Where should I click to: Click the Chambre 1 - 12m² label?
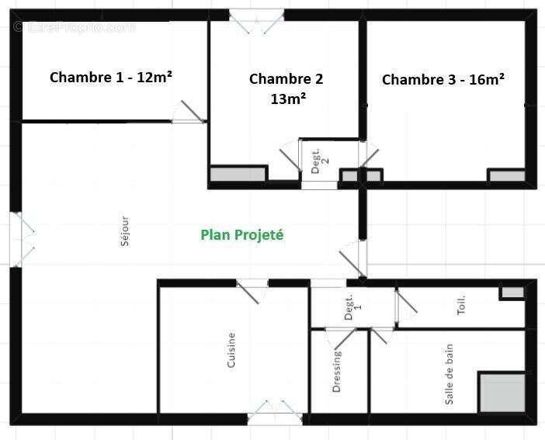(111, 77)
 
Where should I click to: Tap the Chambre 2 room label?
(286, 78)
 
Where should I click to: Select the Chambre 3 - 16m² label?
(443, 79)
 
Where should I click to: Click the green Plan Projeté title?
(242, 234)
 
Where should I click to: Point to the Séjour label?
(125, 230)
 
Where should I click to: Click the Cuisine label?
(231, 350)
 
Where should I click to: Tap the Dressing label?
(337, 371)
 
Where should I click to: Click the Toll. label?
(461, 304)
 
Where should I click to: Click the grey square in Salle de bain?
(502, 393)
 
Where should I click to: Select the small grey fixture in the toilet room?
(512, 293)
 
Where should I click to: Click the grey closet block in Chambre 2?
(238, 174)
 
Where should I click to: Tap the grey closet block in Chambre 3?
(506, 176)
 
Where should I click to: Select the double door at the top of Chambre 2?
(257, 20)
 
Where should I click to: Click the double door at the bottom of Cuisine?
(275, 412)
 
